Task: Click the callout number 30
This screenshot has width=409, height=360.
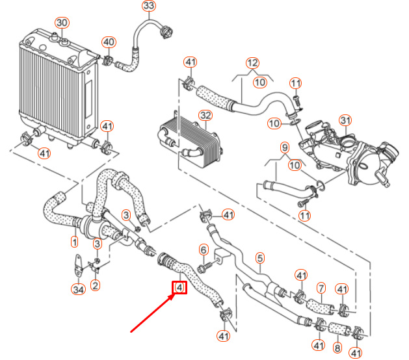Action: (x=61, y=23)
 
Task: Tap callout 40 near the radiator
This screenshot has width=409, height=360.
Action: (x=109, y=42)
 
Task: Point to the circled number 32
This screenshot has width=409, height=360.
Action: (x=205, y=116)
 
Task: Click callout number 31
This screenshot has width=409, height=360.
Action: (x=345, y=120)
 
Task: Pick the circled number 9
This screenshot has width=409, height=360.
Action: (x=284, y=148)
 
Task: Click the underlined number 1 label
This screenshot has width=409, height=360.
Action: (x=74, y=242)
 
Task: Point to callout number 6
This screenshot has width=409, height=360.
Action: (x=203, y=249)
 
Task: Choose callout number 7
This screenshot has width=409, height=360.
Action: (x=321, y=287)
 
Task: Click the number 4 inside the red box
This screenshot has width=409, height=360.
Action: (x=179, y=287)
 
